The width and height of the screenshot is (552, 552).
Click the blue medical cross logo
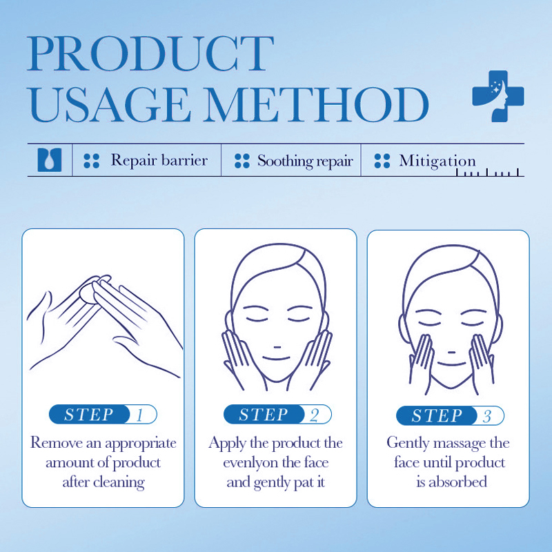[x=498, y=96]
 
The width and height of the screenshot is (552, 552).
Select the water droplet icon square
[x=50, y=160]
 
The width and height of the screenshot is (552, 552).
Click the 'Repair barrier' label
[x=159, y=160]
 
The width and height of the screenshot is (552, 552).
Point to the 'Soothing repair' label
[x=305, y=161]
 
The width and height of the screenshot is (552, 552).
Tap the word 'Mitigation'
[x=437, y=161]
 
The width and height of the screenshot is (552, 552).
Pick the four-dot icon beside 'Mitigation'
[x=382, y=161]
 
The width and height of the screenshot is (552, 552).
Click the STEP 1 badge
[x=103, y=415]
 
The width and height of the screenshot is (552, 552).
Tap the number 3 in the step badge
[x=487, y=416]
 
